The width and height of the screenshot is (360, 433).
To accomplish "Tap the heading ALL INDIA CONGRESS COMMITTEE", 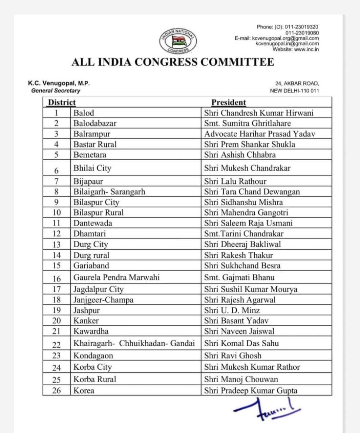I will [x=173, y=62].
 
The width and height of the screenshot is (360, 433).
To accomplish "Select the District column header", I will [x=62, y=102].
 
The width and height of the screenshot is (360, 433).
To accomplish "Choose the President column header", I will [x=229, y=102].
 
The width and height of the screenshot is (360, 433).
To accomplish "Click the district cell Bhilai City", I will [x=92, y=168].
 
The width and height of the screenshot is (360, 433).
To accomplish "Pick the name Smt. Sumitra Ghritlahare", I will [x=247, y=123].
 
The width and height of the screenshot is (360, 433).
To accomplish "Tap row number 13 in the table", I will [x=57, y=245].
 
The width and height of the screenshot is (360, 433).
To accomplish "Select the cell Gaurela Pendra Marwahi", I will [x=116, y=278].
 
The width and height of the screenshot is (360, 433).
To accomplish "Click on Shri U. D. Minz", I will [x=232, y=310].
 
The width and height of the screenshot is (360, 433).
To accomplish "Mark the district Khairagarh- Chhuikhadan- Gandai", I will [x=134, y=344].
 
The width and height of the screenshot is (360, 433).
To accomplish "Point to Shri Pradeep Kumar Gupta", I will [x=251, y=391].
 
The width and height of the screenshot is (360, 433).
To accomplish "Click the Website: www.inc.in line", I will [x=296, y=49].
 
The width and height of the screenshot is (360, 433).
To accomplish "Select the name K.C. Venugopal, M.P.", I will [x=59, y=83].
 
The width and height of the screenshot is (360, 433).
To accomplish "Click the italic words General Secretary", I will [x=56, y=91].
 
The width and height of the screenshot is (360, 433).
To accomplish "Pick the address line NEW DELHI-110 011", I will [x=294, y=91].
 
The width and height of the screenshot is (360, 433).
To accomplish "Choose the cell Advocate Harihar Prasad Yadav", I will [x=259, y=134].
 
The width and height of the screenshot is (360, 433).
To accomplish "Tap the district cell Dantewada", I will [x=92, y=223].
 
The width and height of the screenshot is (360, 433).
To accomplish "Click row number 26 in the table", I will [x=57, y=391].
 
